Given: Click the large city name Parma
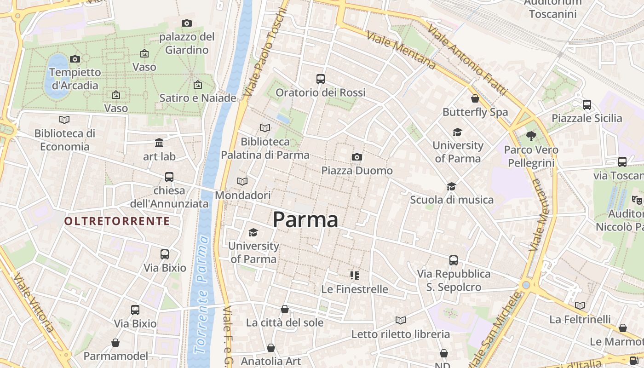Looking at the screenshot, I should coord(305,220).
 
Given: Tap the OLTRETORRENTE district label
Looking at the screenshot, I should coord(117,221).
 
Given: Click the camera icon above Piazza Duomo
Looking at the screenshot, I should coord(356,157).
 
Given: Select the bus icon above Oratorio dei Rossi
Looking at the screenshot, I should coord(321,79).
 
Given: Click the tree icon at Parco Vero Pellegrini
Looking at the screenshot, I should coord(531,136).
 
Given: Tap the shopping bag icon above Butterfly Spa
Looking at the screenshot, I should coord(475,98).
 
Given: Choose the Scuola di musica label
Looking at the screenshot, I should coord(451,200).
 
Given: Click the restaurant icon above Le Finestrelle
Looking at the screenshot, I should coord(354,276).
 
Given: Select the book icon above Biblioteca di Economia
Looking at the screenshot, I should coord(64,120).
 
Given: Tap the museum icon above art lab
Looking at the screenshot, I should coord(159,143).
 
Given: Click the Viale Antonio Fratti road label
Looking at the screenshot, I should coord(467,60).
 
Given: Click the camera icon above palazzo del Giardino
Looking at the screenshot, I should coord(187,23).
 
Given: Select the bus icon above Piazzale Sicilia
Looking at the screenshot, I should coord(587,105).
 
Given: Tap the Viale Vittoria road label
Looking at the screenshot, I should coord(34,304).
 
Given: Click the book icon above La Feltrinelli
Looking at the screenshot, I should coord(580,305).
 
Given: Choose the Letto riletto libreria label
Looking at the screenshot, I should coord(400,334).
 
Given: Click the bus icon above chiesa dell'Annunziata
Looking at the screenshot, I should coord(169,177).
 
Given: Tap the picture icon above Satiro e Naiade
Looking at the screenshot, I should coord(198,85).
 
